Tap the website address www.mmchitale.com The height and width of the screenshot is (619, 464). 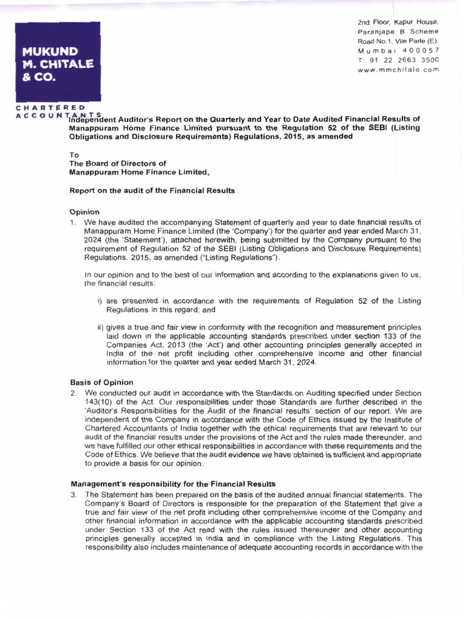398,70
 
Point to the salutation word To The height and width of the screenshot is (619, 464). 74,155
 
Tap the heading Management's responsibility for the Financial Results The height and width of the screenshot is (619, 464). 173,484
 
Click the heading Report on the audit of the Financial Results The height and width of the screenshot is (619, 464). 152,190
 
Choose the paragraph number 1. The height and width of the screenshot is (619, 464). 72,222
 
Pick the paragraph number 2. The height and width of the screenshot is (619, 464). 72,393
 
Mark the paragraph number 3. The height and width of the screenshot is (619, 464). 72,494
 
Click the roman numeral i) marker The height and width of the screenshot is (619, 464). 100,300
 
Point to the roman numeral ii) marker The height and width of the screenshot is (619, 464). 101,327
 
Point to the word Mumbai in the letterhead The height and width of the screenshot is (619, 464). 375,51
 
